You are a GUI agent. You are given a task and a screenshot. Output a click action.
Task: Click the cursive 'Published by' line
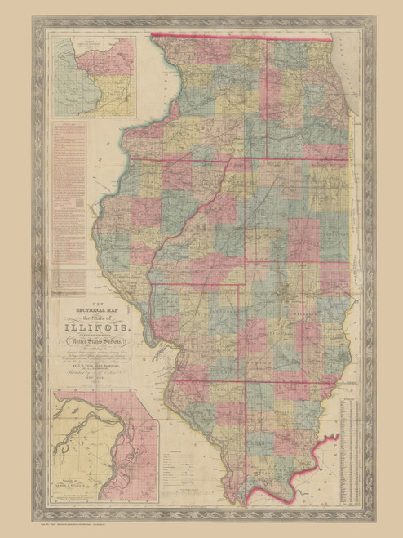91,372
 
